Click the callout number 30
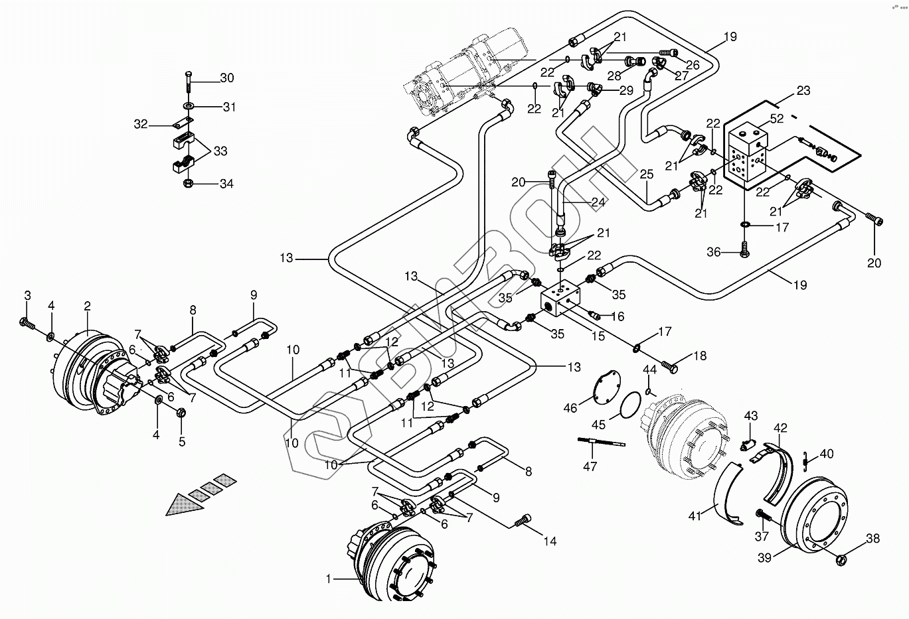(x=226, y=78)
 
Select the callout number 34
(x=226, y=184)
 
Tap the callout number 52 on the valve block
(x=777, y=118)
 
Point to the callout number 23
(x=803, y=91)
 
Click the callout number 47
(x=590, y=467)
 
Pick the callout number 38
(x=872, y=540)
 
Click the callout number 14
(x=550, y=541)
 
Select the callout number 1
(x=327, y=579)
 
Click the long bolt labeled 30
(x=189, y=82)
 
